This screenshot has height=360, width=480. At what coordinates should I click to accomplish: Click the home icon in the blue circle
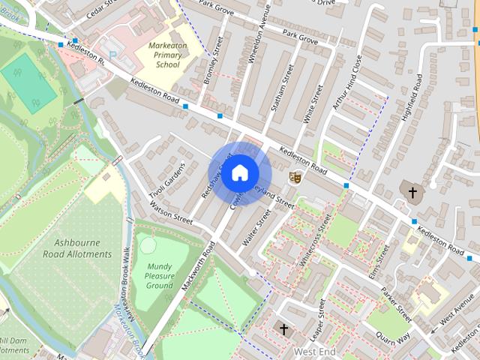[239, 173]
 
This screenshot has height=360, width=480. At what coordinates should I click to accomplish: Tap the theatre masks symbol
[295, 177]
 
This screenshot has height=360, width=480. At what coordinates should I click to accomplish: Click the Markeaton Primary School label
[159, 54]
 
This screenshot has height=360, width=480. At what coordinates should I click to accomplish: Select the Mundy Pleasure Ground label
[160, 275]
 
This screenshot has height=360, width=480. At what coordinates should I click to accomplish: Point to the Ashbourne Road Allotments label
[83, 248]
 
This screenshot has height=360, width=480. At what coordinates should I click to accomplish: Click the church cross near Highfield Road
[412, 193]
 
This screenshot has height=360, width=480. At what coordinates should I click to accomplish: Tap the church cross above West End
[283, 328]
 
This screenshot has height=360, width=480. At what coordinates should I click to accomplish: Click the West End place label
[313, 351]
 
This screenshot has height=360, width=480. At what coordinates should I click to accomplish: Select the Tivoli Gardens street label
[166, 180]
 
